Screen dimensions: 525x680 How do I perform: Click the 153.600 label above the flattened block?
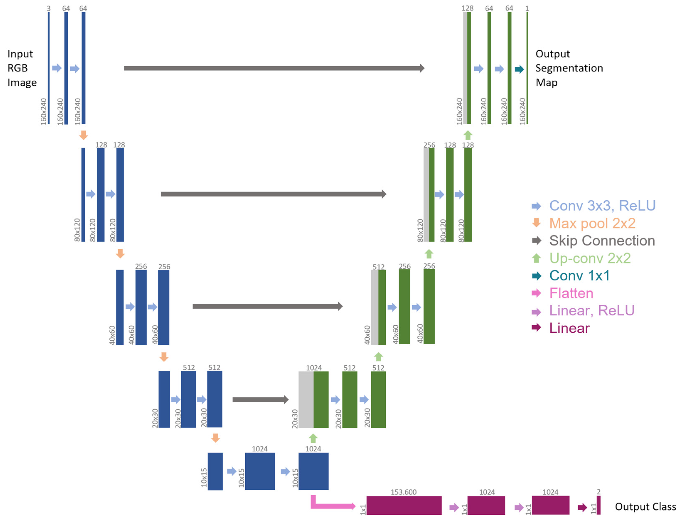403,492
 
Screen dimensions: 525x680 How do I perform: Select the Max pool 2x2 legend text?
592,223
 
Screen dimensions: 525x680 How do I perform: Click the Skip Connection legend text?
602,241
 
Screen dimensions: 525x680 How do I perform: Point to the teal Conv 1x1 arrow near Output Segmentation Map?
519,69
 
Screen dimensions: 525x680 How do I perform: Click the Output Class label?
645,507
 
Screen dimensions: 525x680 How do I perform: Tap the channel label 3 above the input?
49,8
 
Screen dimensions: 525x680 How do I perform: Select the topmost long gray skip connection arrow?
274,68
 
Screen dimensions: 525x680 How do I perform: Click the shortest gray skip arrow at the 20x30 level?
260,399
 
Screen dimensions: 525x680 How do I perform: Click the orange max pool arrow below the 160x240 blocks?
84,135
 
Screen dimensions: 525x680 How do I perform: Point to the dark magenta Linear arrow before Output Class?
582,508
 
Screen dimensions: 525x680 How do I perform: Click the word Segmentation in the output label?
569,68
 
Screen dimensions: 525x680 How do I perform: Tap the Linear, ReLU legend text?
591,311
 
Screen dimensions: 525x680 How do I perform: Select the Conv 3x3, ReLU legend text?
602,206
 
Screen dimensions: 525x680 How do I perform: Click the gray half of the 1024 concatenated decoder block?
306,399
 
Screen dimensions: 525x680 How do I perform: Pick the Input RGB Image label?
22,68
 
